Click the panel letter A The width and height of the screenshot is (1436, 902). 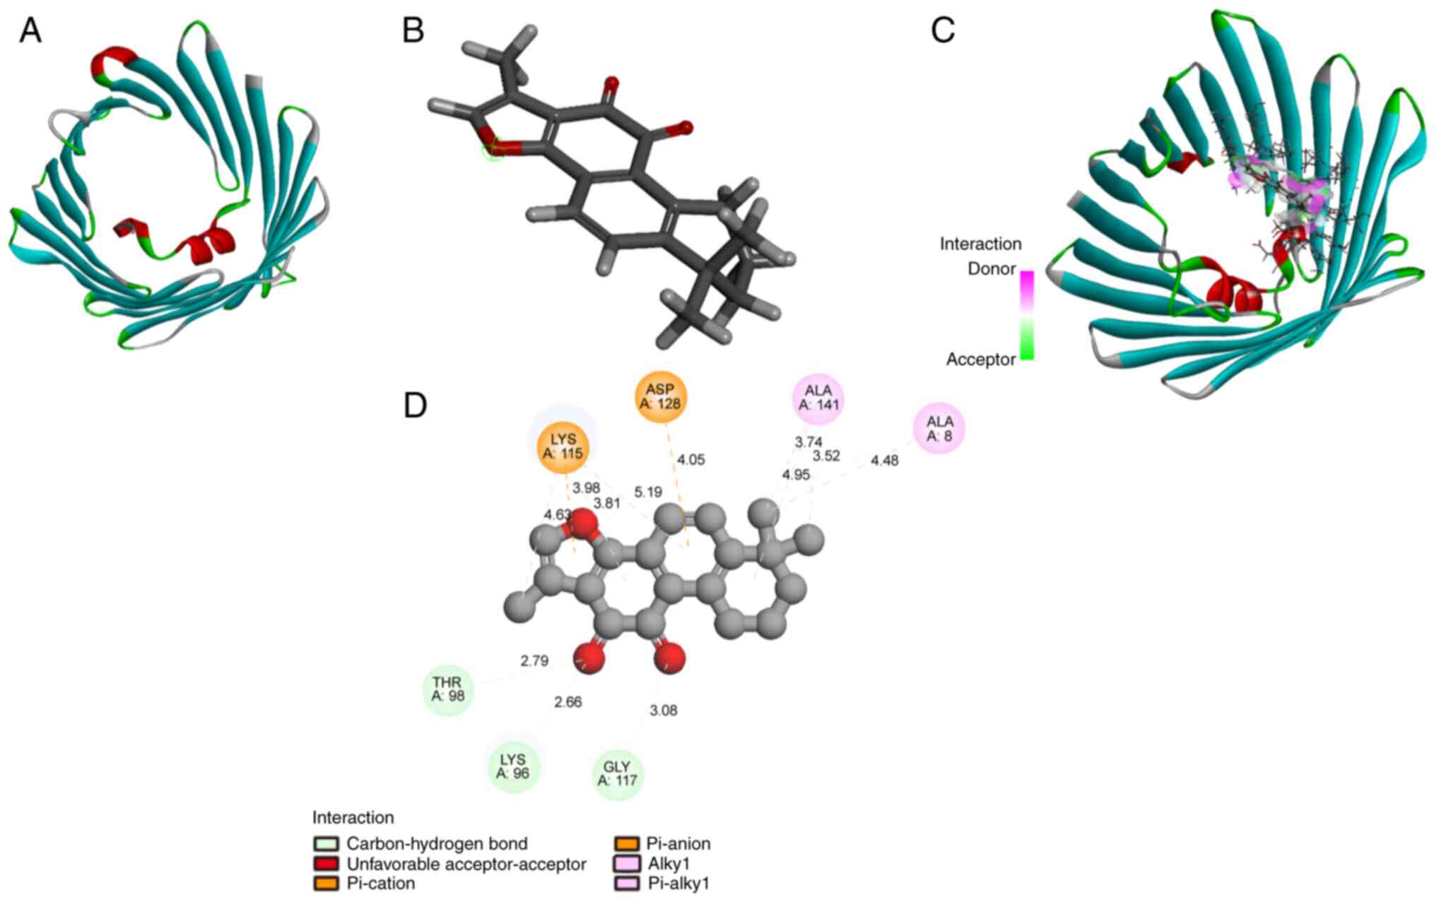point(30,31)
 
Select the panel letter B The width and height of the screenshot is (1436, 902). point(413,31)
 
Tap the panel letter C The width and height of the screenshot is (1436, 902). point(943,31)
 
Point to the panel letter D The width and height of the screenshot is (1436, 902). point(415,405)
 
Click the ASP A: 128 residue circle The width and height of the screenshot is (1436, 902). point(660,397)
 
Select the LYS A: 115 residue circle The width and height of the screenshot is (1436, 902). point(563,446)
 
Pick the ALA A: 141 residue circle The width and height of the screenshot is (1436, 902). point(818,397)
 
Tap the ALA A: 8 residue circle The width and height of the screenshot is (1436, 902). point(939,429)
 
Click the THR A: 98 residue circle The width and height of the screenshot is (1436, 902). point(447,689)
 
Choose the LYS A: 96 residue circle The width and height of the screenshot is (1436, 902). point(513,766)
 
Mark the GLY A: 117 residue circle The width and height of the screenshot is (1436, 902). point(617,773)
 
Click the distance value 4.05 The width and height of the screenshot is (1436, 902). point(690,460)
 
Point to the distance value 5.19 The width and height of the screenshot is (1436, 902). point(648,492)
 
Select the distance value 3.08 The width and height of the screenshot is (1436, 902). point(664,711)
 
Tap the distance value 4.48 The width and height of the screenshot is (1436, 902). point(885,461)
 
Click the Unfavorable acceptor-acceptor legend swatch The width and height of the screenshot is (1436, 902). point(327,864)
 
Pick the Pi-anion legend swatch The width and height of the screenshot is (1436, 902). point(627,844)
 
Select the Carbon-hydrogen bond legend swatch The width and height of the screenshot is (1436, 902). point(327,844)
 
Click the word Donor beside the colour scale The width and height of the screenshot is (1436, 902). point(991,269)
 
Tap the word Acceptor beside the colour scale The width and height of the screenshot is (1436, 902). point(981,360)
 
